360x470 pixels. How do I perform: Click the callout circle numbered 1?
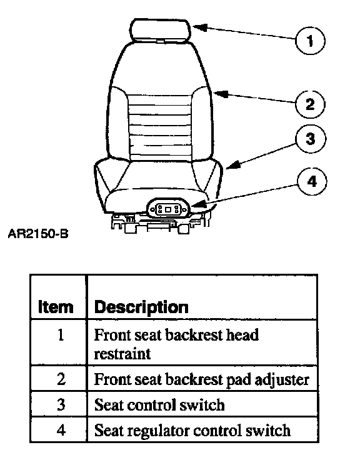point(310,41)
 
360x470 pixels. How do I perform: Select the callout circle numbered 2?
point(310,104)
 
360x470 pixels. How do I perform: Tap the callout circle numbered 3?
point(311,139)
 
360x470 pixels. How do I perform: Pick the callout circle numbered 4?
point(312,182)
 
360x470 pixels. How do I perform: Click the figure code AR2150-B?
point(38,234)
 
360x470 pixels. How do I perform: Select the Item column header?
point(56,307)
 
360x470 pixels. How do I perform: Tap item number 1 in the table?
point(61,335)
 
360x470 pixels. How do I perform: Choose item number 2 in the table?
point(61,379)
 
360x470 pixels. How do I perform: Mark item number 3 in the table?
point(61,404)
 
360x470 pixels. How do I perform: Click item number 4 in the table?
point(61,431)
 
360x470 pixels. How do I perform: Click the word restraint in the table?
point(122,354)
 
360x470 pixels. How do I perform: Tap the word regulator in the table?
point(158,431)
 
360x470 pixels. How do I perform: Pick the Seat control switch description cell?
point(202,404)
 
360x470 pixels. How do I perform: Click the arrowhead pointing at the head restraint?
point(199,27)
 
